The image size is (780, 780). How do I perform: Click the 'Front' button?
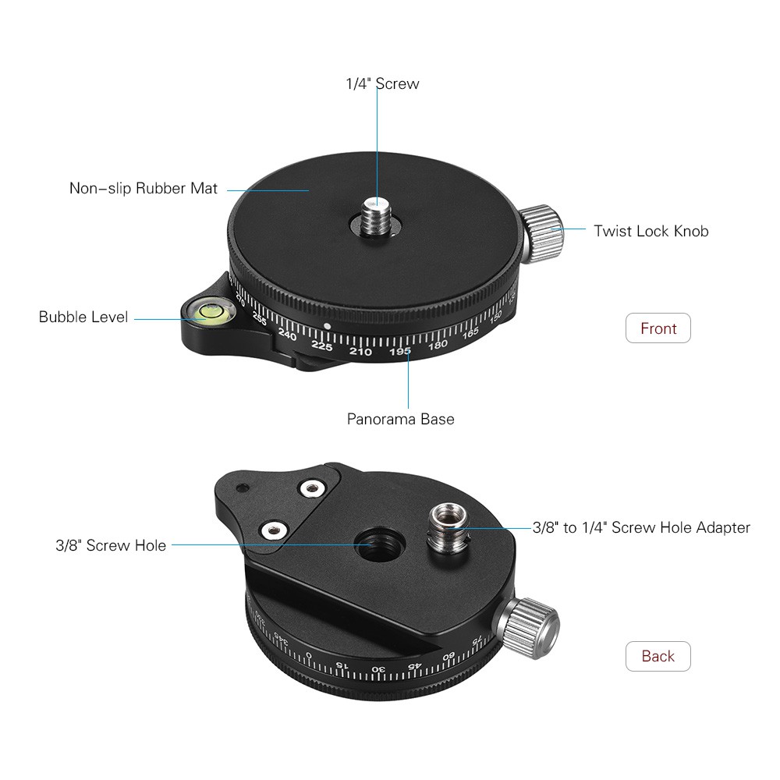click(658, 328)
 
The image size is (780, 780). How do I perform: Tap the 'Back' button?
click(658, 656)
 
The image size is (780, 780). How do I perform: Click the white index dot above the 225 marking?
click(327, 326)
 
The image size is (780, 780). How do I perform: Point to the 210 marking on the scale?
click(360, 352)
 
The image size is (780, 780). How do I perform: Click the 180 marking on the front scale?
click(438, 344)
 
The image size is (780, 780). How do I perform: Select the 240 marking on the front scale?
click(287, 335)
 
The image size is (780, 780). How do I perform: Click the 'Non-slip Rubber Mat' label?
click(144, 188)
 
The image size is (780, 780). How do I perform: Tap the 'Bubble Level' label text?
click(83, 317)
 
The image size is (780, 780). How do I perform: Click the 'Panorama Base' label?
click(400, 419)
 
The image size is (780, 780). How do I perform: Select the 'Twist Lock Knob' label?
click(651, 231)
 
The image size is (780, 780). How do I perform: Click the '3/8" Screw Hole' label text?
click(111, 545)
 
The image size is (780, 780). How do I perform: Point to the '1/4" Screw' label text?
click(382, 83)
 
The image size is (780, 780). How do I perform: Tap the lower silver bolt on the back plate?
click(274, 530)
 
